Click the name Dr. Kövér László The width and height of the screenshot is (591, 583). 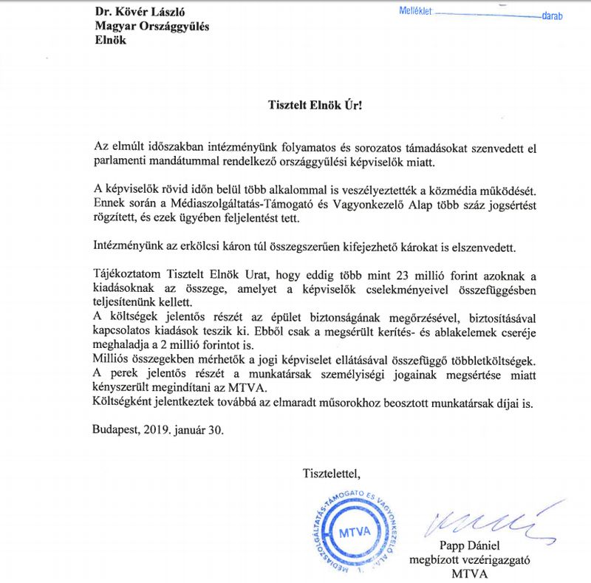point(140,12)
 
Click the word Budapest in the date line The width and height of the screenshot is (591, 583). point(118,428)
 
